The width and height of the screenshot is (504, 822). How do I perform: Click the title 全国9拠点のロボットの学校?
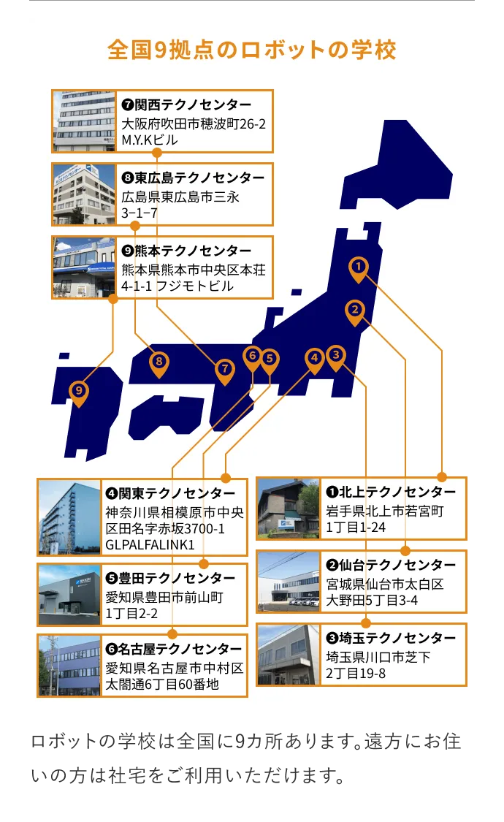252,50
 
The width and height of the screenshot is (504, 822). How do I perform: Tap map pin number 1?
358,268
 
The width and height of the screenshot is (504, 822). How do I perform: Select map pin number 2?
354,311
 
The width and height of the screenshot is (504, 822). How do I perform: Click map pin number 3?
335,357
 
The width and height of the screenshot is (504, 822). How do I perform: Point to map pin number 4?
314,359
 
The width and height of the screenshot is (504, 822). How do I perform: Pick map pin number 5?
270,359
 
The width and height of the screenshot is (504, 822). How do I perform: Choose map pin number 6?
252,357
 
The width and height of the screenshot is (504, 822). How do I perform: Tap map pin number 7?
224,370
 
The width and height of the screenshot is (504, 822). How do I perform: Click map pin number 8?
159,362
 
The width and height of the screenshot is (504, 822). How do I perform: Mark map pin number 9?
79,392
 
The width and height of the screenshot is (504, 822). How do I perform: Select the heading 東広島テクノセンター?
194,178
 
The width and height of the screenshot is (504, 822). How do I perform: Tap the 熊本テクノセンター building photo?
84,267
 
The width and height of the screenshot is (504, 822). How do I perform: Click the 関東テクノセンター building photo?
69,517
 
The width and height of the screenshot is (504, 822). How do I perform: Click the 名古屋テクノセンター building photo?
69,665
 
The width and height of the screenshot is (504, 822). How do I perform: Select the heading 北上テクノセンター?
391,492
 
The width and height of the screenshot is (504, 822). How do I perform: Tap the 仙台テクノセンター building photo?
289,582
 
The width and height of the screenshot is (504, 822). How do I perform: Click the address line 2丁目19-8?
356,673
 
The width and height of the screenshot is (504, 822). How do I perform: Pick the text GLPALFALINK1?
150,544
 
